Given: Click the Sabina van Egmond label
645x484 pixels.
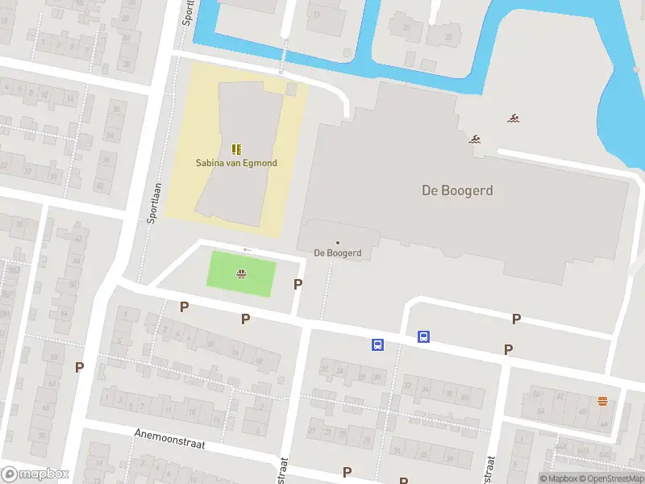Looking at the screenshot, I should click(236, 163).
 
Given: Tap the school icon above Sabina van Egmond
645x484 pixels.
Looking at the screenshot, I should click(236, 149).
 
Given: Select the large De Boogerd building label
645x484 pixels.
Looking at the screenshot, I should click(457, 191).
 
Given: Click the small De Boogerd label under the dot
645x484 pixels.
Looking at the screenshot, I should click(337, 252).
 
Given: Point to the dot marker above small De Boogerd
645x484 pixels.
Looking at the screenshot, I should click(337, 242).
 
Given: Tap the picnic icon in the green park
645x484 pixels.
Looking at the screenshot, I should click(241, 274).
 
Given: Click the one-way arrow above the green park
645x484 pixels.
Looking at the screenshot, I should click(247, 250).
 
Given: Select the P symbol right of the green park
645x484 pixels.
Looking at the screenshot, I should click(298, 284).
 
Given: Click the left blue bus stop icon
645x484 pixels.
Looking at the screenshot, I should click(377, 345).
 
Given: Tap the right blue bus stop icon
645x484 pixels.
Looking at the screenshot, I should click(423, 337).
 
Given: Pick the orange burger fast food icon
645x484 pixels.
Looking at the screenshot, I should click(602, 401).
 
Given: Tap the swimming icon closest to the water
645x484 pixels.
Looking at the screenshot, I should click(513, 119).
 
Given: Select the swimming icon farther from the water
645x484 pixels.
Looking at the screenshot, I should click(475, 139).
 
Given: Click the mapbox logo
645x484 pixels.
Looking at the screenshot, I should click(35, 474).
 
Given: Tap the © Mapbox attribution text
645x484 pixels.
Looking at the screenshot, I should click(560, 478).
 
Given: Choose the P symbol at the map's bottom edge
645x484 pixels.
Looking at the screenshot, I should click(347, 472).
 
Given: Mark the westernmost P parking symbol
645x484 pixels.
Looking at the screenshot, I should click(79, 367).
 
